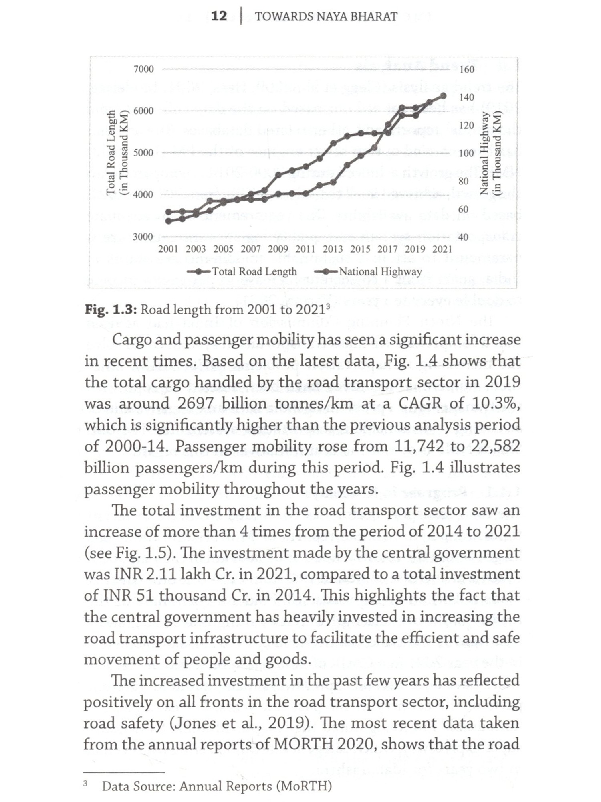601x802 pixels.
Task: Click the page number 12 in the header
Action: click(219, 16)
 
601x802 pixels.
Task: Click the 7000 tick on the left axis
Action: click(143, 69)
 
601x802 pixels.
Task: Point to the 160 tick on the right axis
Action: click(467, 69)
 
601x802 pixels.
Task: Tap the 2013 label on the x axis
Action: click(333, 249)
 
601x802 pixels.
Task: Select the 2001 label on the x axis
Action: click(168, 249)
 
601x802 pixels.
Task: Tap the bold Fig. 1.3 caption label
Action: click(111, 310)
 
